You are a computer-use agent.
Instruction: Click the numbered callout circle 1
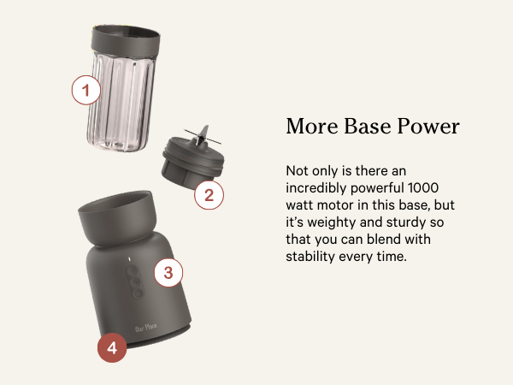(x=85, y=89)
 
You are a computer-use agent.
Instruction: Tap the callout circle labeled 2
(x=209, y=195)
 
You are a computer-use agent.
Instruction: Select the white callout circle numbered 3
(x=168, y=273)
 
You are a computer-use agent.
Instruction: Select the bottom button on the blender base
(x=133, y=293)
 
